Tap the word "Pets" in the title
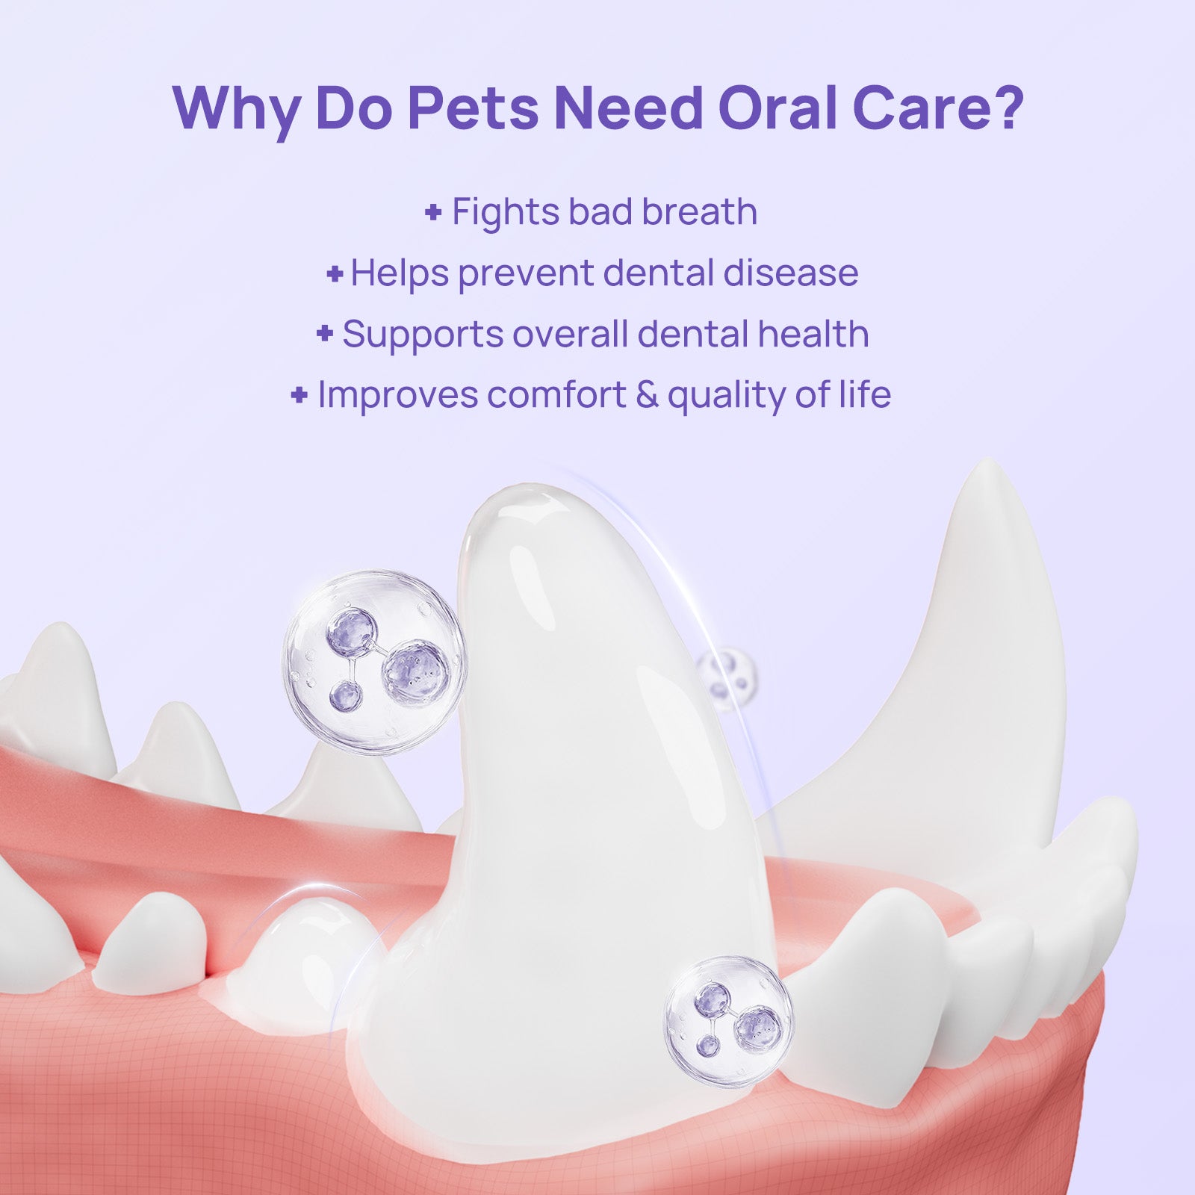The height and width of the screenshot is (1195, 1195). [x=473, y=108]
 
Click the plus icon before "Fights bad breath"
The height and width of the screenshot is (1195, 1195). [x=432, y=213]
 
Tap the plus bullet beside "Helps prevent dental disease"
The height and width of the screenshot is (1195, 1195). [x=335, y=274]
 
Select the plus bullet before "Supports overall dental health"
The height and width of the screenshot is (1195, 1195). [x=324, y=333]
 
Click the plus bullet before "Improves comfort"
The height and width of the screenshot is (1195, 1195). [x=299, y=394]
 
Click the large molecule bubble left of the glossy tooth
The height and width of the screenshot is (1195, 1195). [x=373, y=662]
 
